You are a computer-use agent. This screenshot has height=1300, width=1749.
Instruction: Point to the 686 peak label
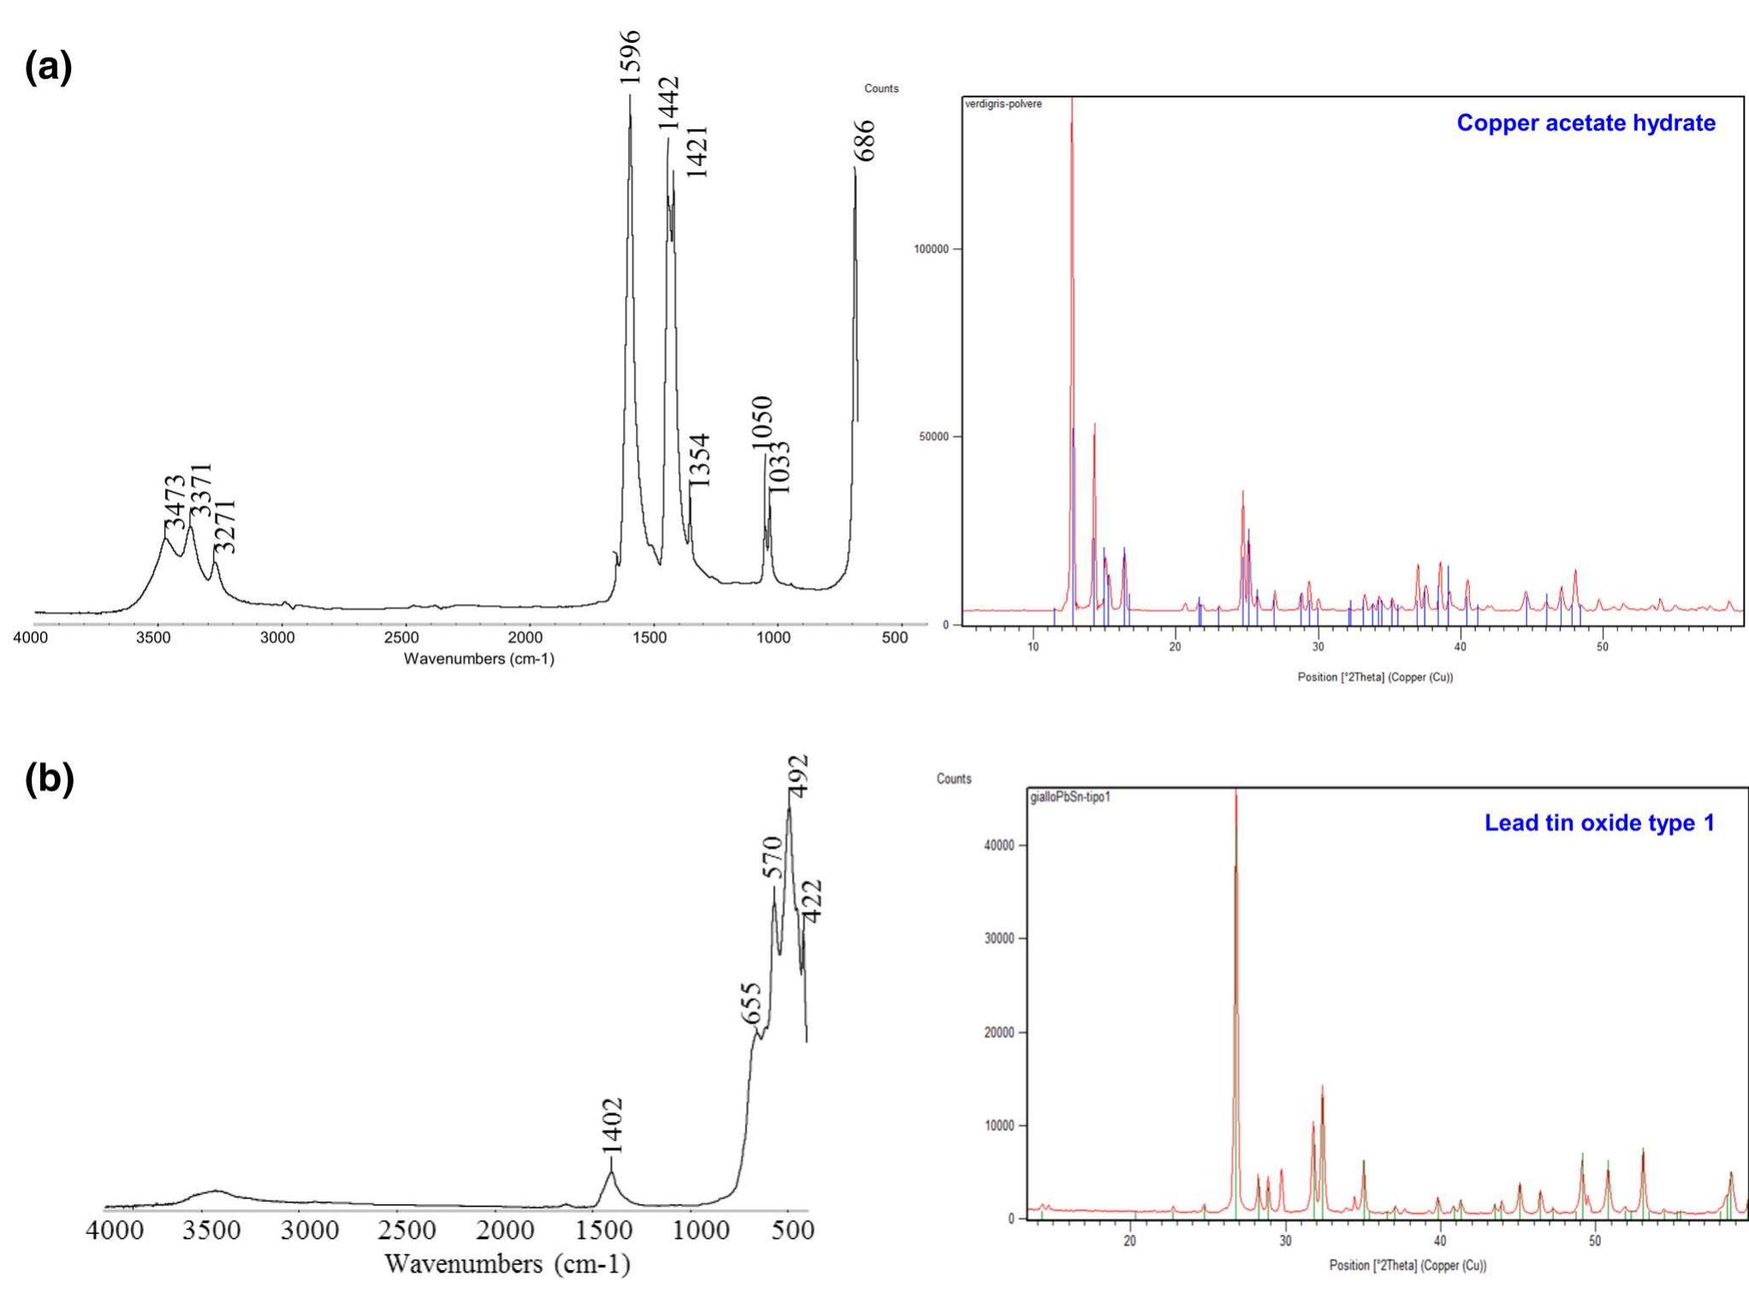[x=865, y=141]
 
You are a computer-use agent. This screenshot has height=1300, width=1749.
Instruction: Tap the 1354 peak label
[x=699, y=460]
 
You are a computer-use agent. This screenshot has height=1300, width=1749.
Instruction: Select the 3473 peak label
[x=175, y=503]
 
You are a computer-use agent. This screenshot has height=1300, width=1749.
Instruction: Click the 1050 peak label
[x=761, y=423]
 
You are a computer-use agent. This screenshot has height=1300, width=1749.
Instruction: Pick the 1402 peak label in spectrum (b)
[x=611, y=1125]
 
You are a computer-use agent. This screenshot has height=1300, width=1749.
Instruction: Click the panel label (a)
[x=49, y=67]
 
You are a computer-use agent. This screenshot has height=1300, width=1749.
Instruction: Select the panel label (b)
[x=50, y=779]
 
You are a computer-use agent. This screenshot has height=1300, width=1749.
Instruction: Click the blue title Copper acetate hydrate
[x=1585, y=123]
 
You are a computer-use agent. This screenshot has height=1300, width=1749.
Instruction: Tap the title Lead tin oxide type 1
[x=1598, y=823]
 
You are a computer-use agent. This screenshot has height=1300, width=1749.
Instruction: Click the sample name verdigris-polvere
[x=1003, y=104]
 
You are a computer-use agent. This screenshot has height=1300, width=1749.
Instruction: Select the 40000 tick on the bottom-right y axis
[x=996, y=846]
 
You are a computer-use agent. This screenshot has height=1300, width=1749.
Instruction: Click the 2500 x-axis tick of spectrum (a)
[x=402, y=638]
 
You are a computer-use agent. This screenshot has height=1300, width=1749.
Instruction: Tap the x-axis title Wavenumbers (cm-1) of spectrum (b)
[x=507, y=1264]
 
